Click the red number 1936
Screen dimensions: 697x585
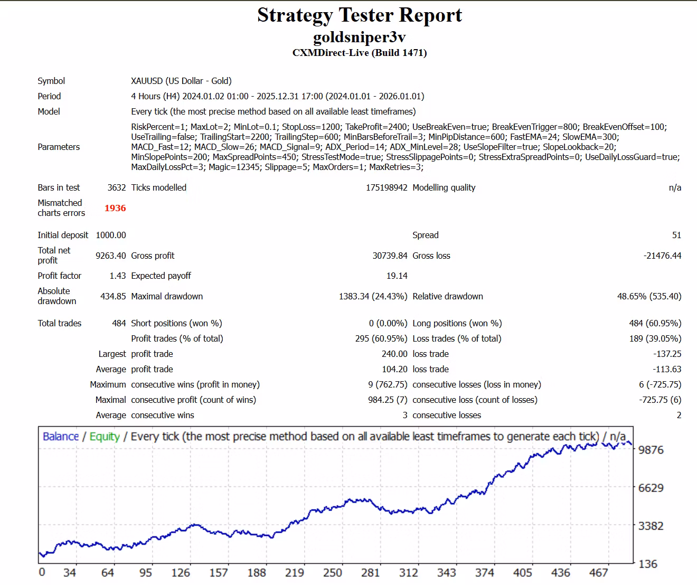[x=115, y=208]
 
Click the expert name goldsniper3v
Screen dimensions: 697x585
[x=360, y=37]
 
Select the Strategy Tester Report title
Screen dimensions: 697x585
[x=360, y=15]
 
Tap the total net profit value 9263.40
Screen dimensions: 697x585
[x=111, y=256]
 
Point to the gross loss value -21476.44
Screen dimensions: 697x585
[x=662, y=256]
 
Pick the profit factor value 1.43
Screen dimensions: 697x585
[x=118, y=276]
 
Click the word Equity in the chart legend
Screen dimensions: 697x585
[x=105, y=437]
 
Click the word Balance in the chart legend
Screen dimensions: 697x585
[x=61, y=437]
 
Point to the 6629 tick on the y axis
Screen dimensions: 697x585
[x=651, y=488]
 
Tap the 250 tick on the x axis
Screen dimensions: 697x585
[x=333, y=573]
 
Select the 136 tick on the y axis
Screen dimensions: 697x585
[x=648, y=564]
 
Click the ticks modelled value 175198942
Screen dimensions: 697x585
[x=387, y=187]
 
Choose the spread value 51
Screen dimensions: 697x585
[x=676, y=235]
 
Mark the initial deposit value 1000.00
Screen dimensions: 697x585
[x=111, y=235]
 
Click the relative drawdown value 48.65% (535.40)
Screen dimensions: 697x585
[x=649, y=296]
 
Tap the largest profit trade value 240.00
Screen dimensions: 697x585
[x=394, y=354]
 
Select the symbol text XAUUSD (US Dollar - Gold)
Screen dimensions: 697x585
[x=181, y=81]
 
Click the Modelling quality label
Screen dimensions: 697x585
[x=444, y=187]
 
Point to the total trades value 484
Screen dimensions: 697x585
[x=119, y=323]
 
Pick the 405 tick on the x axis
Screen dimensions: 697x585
[x=522, y=573]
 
